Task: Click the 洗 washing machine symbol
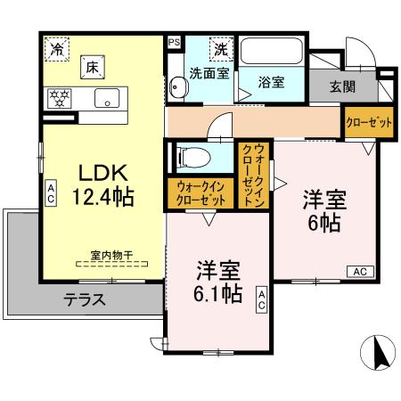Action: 218,48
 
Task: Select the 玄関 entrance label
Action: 342,86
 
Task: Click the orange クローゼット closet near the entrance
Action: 368,123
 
